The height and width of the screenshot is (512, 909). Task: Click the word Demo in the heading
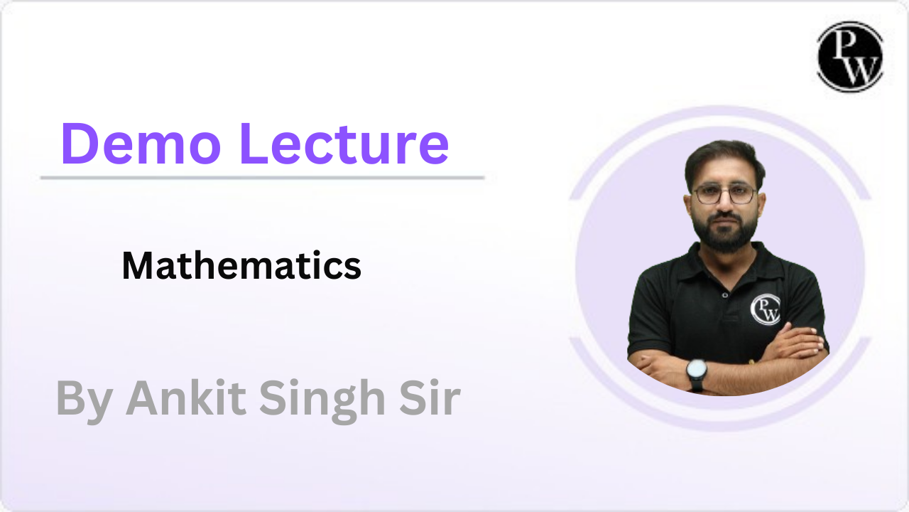141,144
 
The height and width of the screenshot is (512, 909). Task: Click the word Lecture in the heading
344,144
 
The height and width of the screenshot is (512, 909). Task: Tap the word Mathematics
241,265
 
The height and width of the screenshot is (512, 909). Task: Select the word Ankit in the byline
186,398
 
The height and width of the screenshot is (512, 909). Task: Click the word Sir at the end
430,398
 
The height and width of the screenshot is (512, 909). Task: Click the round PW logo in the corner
850,56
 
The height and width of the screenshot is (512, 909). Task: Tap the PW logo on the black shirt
766,309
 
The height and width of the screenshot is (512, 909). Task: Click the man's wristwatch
697,374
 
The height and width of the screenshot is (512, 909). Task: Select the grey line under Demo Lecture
263,178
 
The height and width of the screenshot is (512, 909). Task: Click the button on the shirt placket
725,295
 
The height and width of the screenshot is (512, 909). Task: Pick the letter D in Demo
80,144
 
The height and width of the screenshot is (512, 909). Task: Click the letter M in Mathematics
138,265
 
